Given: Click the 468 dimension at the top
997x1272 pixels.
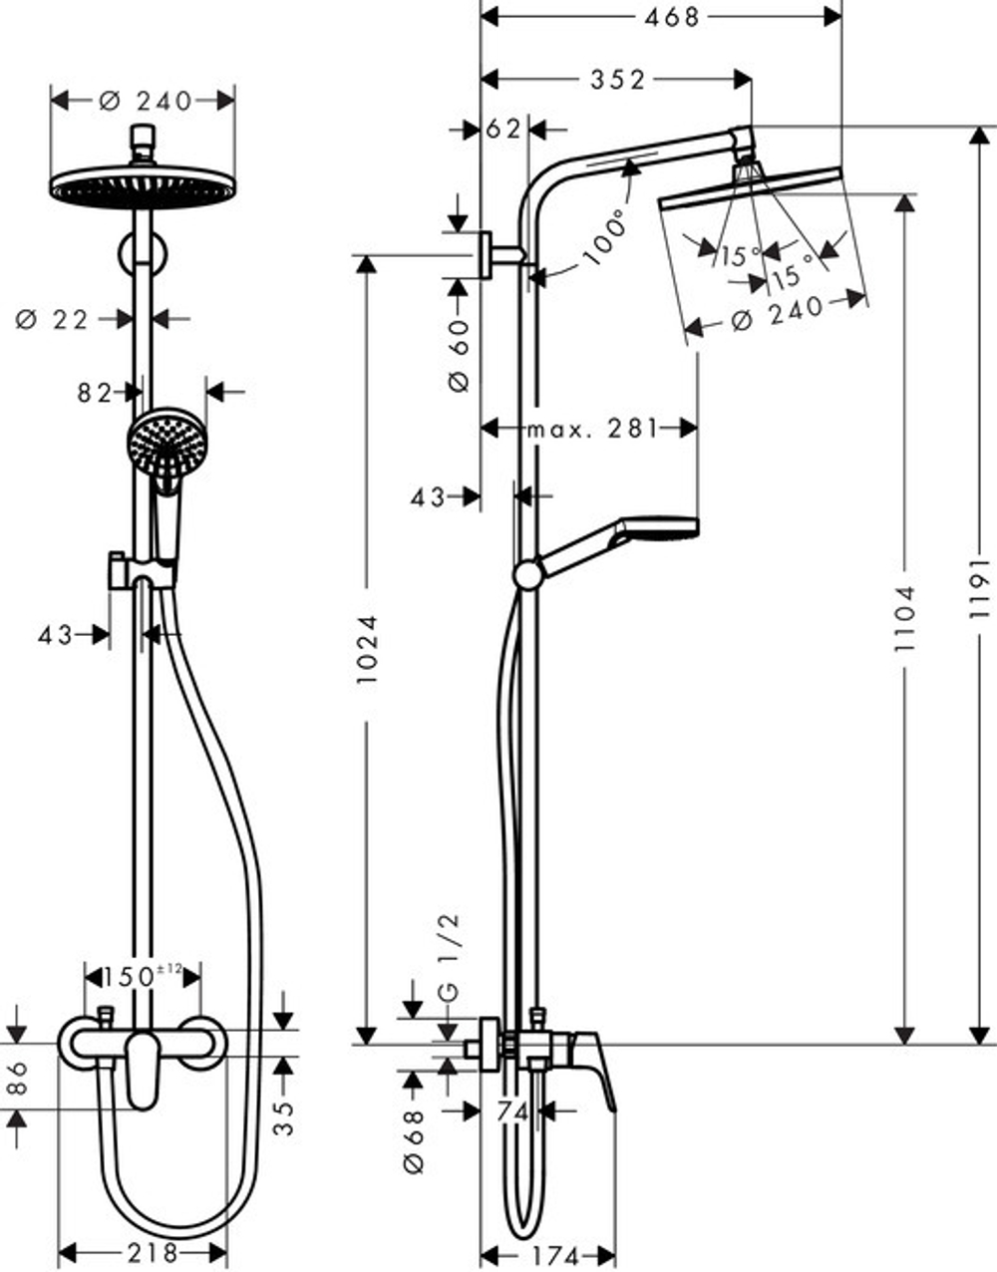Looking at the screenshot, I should click(671, 17).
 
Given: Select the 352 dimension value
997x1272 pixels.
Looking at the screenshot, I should click(617, 80).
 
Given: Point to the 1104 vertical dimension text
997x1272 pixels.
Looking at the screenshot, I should click(904, 618).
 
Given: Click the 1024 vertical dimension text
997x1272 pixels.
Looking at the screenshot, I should click(368, 648).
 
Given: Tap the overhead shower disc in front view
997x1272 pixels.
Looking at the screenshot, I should click(142, 186).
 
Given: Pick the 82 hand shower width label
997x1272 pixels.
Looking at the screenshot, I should click(95, 393).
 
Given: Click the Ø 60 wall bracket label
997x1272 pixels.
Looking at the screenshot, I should click(458, 354).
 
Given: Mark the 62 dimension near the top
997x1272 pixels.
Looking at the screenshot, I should click(504, 129).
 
